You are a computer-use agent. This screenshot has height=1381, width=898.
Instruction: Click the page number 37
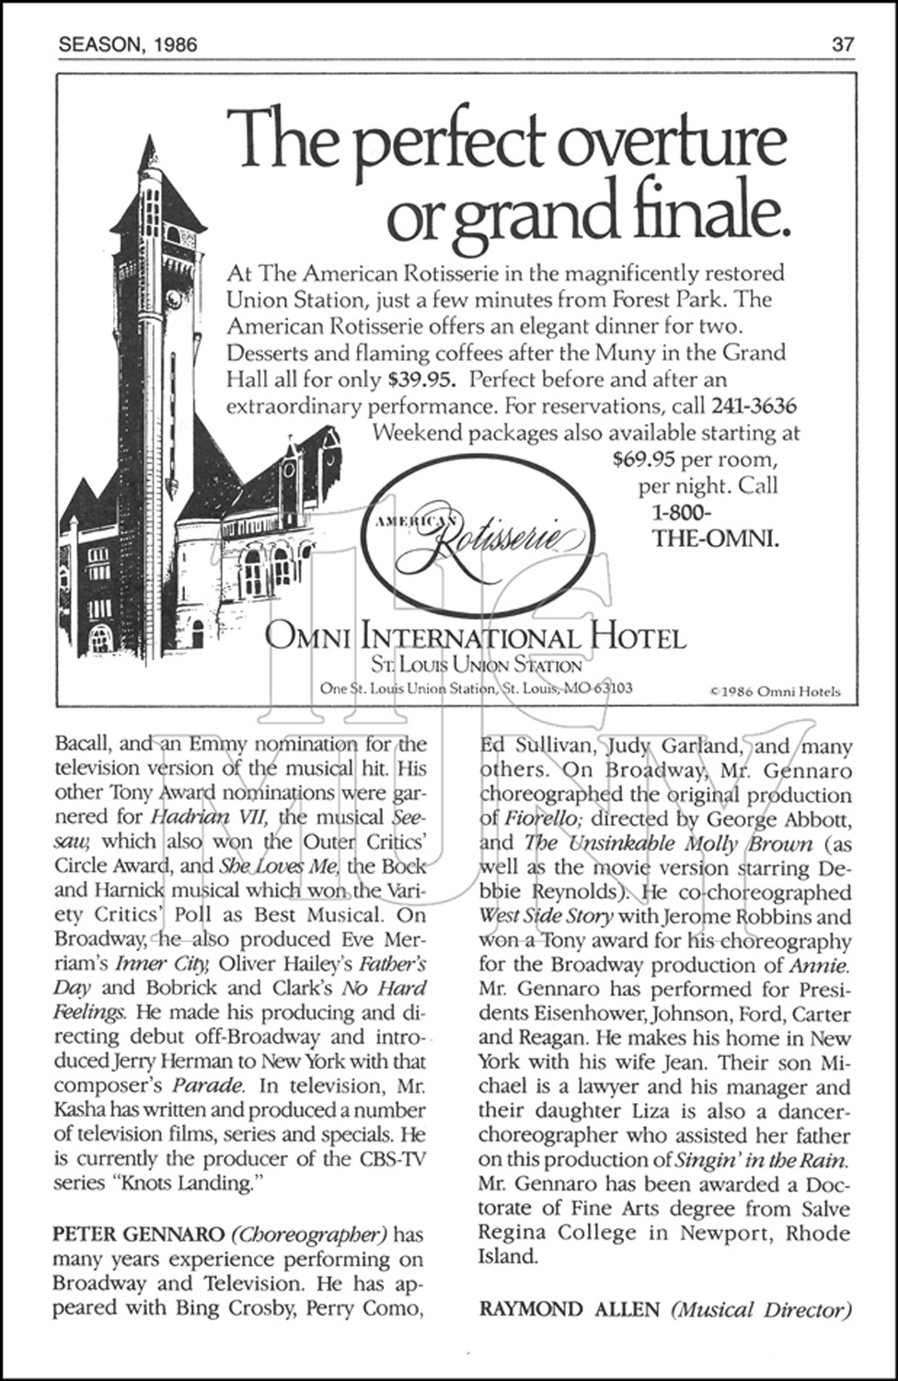tap(844, 44)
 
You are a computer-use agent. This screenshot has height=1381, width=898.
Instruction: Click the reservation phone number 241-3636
tap(753, 405)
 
